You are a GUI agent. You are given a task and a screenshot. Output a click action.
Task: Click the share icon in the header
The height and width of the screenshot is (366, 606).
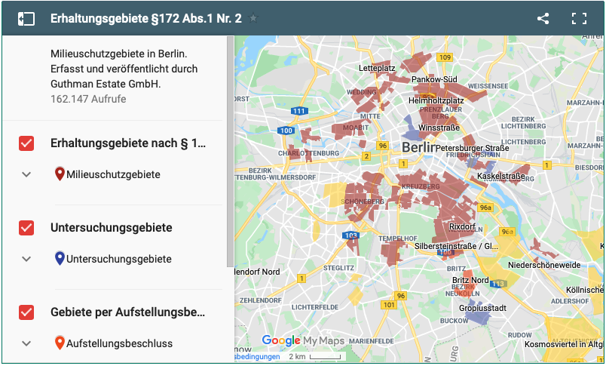coord(543,19)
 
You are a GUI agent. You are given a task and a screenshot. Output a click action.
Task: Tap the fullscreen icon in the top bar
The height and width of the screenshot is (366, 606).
coord(579,19)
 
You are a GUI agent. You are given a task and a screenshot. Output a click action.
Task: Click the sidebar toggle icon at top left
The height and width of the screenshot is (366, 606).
coord(26,19)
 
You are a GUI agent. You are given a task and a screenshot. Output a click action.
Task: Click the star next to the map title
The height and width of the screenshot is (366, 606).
coord(253,19)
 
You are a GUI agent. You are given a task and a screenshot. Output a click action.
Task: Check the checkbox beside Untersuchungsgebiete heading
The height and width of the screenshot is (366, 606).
coord(26,228)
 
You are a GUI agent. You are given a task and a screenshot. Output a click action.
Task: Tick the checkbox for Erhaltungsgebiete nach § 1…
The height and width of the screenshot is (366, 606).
coord(26,143)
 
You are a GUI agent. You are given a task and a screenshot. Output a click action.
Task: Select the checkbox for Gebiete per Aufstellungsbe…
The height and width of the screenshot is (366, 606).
coord(26,312)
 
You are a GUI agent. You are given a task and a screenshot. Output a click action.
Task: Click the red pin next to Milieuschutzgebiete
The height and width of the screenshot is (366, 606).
coord(60,174)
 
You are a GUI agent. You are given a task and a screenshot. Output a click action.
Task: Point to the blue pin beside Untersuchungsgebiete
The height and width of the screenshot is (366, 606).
coord(60,259)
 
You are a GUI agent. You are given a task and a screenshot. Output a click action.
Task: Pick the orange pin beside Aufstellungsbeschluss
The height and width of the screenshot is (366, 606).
coord(60,343)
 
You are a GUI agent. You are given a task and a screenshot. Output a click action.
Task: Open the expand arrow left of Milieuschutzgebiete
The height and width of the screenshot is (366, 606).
coord(26,174)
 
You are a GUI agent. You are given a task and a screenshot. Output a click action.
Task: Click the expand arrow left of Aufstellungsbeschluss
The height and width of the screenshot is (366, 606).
coord(26,343)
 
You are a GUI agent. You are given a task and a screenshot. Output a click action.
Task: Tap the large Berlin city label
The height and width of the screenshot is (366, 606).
coord(418,147)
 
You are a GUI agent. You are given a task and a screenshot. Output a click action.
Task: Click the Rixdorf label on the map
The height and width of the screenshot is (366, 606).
coord(461,226)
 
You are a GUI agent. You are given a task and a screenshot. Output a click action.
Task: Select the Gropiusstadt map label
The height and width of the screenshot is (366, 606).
coord(482,308)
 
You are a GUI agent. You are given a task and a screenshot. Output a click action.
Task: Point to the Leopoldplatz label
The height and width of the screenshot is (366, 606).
coord(377,68)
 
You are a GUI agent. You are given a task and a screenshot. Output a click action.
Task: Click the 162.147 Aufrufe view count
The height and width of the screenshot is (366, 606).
coord(88,99)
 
